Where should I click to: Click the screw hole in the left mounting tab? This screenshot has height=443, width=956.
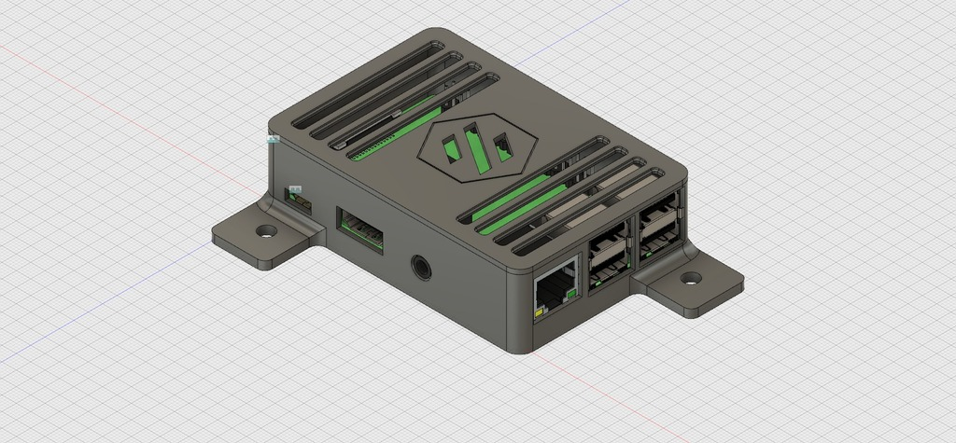268,229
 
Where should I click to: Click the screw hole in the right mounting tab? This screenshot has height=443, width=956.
692,278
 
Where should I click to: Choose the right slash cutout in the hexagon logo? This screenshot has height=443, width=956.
504,149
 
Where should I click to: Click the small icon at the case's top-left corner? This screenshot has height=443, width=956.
274,139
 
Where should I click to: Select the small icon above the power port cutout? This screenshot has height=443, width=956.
296,189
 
